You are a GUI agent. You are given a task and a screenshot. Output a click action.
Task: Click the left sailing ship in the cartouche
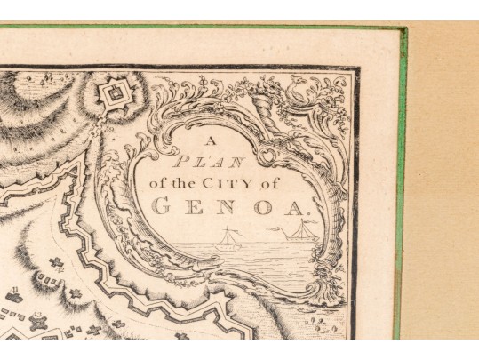tap(229, 238)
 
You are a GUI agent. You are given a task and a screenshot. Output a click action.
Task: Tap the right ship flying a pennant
tap(299, 231)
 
